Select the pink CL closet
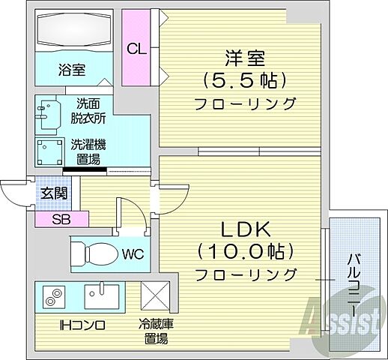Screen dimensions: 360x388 tap(136, 49)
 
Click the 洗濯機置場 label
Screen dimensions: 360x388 tap(88, 151)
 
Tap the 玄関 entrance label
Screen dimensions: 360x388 tap(53, 193)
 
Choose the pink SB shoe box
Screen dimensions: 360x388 tap(61, 219)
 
